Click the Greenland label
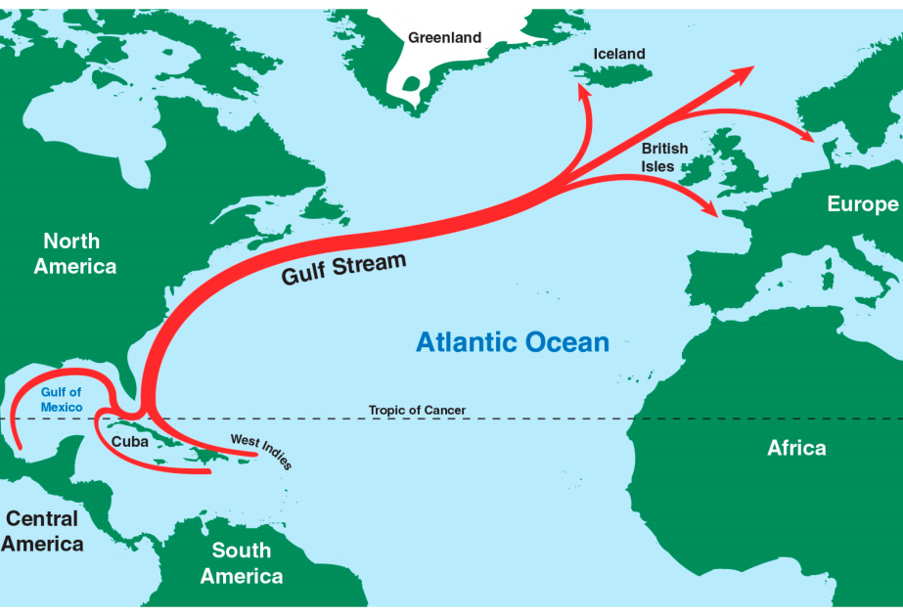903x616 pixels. (x=445, y=38)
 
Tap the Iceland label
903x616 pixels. (x=619, y=54)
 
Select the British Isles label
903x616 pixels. (x=664, y=157)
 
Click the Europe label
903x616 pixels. (x=862, y=204)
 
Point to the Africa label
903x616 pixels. (x=796, y=448)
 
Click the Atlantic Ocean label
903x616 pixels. (x=512, y=342)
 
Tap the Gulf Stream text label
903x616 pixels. (x=343, y=269)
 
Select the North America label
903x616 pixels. (x=74, y=253)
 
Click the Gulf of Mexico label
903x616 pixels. (x=61, y=399)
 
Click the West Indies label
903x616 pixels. (x=261, y=451)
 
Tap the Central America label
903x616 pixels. (x=42, y=531)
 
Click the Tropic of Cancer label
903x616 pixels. (x=417, y=411)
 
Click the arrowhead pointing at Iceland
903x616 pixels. (x=581, y=91)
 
